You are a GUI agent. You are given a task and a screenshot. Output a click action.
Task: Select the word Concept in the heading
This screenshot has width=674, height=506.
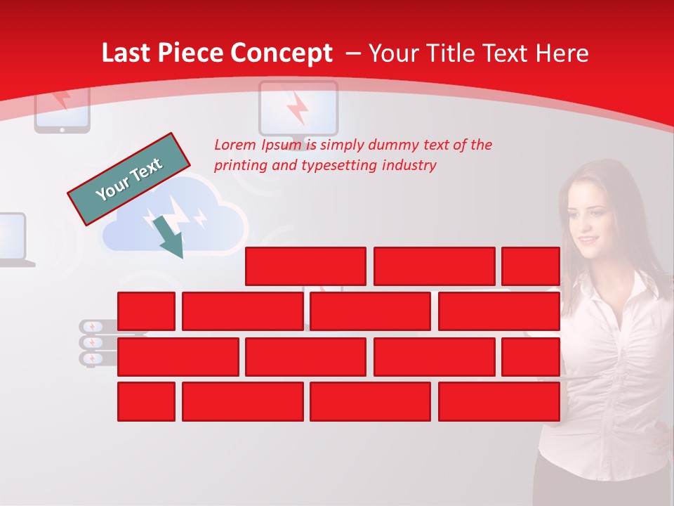tap(282, 53)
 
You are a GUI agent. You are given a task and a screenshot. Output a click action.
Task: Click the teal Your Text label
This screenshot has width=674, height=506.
tap(129, 179)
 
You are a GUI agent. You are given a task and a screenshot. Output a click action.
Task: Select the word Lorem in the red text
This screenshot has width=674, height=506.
tap(234, 145)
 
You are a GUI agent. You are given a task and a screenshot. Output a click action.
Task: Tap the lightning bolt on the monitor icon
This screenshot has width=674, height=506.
tap(298, 108)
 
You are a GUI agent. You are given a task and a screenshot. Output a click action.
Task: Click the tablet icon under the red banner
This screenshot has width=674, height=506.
tap(62, 109)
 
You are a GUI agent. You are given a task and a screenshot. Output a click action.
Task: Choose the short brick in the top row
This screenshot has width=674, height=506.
tap(531, 266)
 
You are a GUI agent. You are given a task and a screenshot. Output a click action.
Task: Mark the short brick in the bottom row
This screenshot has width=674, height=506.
tap(146, 402)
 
